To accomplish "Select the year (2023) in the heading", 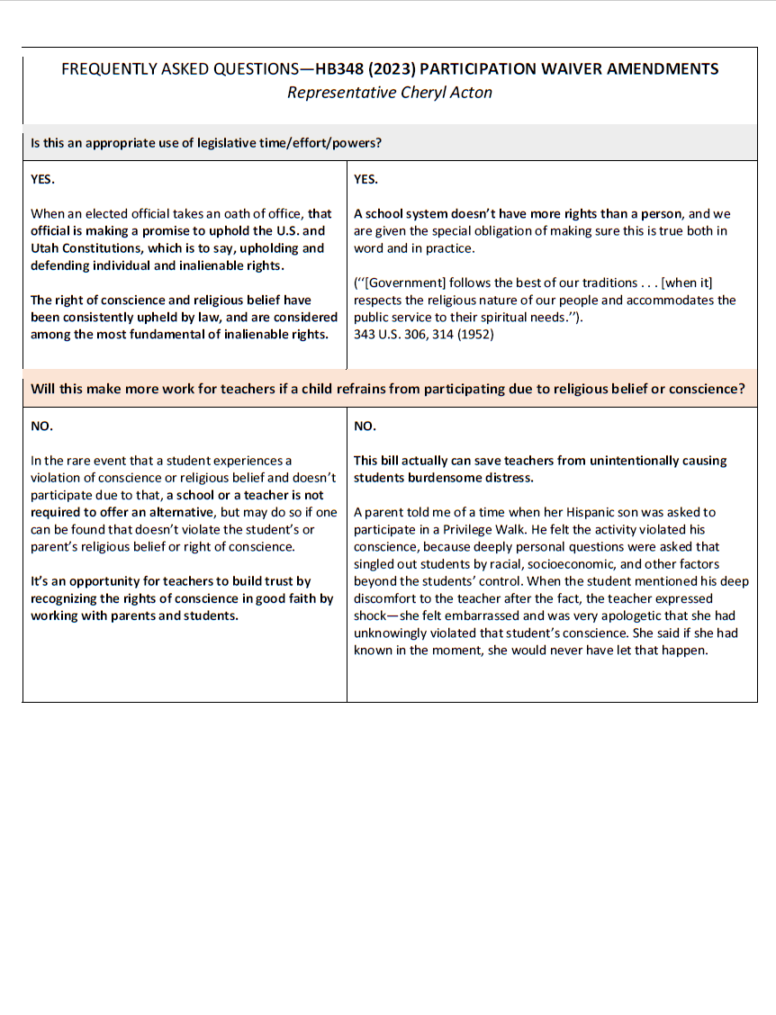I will [393, 69].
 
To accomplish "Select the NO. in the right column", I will [365, 426].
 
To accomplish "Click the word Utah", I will [47, 248].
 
